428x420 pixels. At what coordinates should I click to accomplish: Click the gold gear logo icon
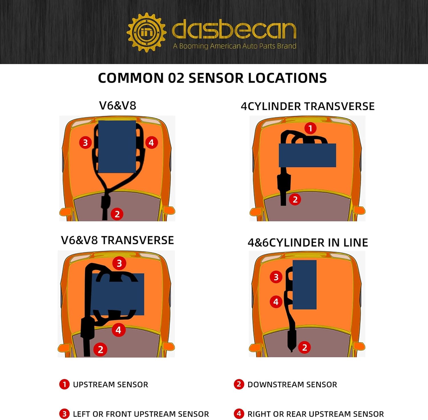[146, 32]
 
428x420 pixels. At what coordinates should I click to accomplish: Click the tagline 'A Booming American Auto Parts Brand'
[235, 46]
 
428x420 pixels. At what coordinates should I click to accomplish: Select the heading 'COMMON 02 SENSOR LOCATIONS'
[212, 78]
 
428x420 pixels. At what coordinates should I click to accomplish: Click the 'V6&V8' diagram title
[118, 106]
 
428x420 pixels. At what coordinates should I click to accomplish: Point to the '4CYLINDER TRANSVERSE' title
[308, 106]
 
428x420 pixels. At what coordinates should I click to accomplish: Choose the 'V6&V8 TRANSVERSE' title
[117, 240]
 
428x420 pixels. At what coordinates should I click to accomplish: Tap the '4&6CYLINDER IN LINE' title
[308, 243]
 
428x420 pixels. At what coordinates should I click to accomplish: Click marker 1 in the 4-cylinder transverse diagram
[310, 128]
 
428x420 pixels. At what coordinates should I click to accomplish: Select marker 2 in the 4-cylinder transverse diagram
[295, 199]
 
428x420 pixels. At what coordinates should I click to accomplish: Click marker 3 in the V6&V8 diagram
[85, 142]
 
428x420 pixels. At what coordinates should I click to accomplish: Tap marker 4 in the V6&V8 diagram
[151, 142]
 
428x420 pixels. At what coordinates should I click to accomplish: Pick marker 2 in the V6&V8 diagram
[117, 214]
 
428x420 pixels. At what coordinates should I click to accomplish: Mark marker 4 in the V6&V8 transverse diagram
[118, 330]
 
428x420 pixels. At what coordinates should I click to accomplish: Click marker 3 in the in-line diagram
[276, 277]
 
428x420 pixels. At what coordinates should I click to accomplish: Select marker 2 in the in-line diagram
[304, 347]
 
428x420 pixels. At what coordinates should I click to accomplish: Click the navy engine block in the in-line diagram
[304, 284]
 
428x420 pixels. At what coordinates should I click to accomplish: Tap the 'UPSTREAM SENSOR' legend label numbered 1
[110, 385]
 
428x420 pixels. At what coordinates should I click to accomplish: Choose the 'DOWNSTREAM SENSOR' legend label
[292, 385]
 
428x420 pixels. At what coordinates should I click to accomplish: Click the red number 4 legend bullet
[239, 413]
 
